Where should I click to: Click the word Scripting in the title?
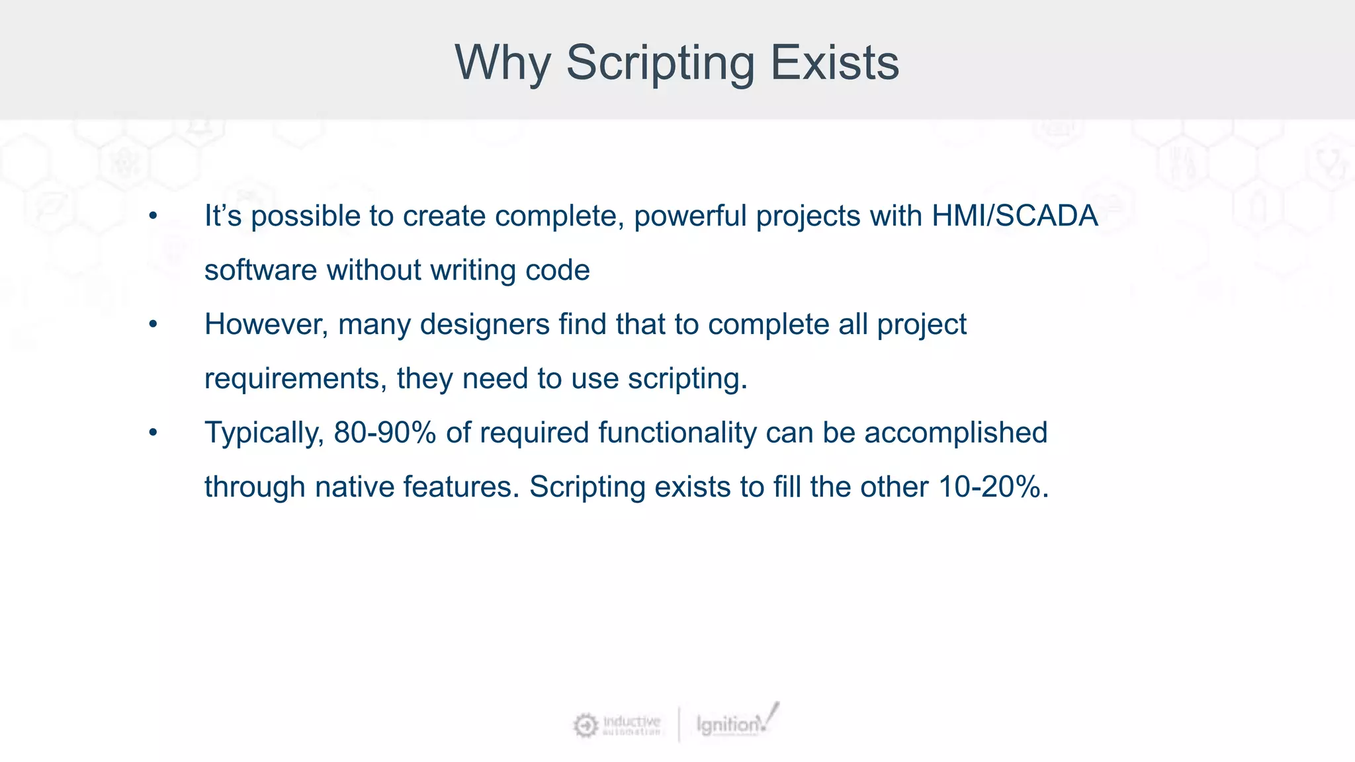point(660,63)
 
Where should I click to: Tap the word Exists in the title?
point(834,63)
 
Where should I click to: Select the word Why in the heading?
point(502,63)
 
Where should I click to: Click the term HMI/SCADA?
point(1014,216)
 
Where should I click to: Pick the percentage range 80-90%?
point(384,433)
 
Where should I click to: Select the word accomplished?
point(955,433)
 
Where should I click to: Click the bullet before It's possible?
point(153,216)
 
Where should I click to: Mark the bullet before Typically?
point(153,433)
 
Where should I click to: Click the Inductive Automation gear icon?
point(585,725)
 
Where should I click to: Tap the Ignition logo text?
point(728,725)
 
